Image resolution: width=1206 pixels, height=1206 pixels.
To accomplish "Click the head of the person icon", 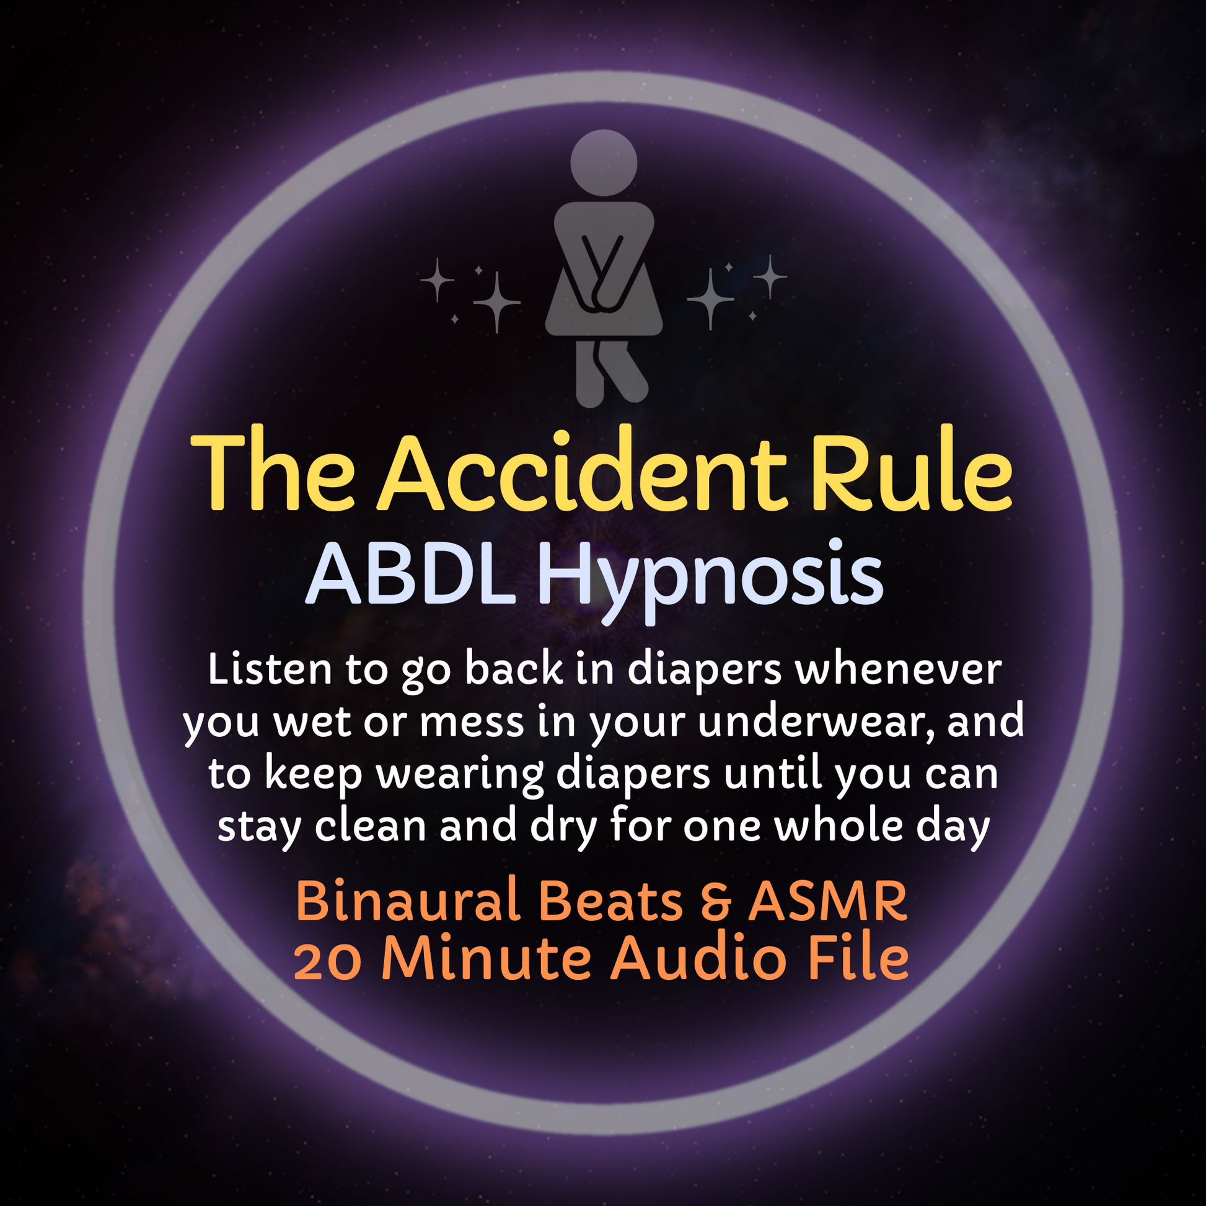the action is (x=604, y=163).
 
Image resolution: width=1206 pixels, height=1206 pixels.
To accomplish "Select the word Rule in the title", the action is (x=912, y=471).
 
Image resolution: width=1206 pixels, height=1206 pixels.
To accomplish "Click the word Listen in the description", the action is (x=270, y=670).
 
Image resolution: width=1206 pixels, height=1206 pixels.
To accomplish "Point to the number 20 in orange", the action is (x=328, y=961).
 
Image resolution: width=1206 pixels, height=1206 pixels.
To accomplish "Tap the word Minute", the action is (x=486, y=958).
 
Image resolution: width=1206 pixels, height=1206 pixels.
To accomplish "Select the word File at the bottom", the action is (x=858, y=958).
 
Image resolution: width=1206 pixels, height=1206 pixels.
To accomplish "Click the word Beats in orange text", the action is (x=610, y=902).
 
